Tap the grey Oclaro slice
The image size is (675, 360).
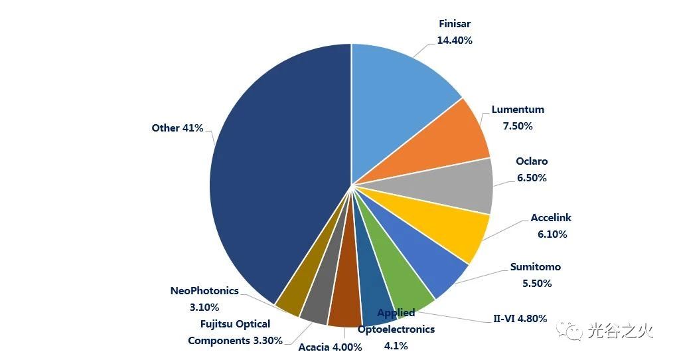click(451, 186)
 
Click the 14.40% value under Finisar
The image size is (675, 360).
click(455, 41)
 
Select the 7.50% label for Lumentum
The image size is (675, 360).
click(518, 126)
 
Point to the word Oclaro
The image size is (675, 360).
click(532, 161)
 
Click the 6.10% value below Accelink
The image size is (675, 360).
click(552, 234)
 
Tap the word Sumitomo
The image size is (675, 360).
click(535, 267)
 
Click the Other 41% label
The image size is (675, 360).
click(177, 128)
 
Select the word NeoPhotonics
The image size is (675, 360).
click(204, 291)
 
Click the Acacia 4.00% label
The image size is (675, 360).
click(330, 347)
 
